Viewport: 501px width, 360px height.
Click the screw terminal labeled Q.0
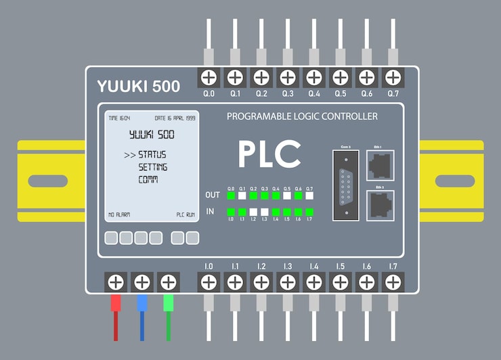point(209,76)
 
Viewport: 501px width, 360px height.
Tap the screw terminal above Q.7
point(393,76)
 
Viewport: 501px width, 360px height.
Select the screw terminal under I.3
point(288,282)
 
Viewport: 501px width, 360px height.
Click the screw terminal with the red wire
point(116,282)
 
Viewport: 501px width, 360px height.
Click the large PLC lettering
point(269,154)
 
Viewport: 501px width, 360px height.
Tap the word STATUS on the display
point(152,155)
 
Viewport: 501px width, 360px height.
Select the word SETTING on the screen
point(153,167)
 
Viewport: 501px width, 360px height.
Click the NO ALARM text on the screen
point(119,215)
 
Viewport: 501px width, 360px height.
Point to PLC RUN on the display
point(186,215)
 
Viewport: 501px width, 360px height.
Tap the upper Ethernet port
point(380,164)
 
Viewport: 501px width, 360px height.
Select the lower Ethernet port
point(380,204)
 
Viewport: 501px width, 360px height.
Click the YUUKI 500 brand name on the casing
point(138,87)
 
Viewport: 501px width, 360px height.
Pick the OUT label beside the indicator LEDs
point(213,195)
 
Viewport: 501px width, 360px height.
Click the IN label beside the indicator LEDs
point(210,212)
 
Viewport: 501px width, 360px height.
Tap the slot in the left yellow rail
point(48,181)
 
